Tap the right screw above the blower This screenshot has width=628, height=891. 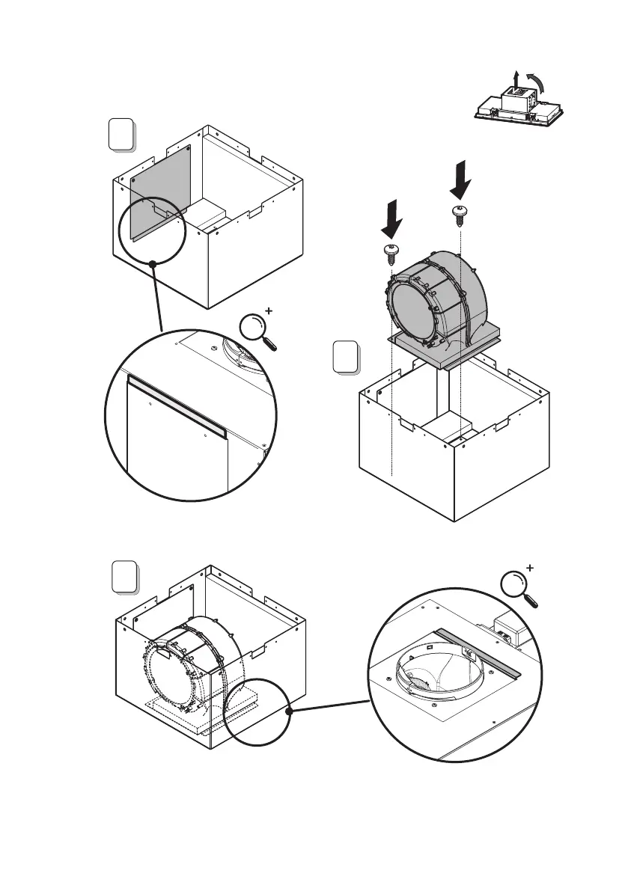(459, 212)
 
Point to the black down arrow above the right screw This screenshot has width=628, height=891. (461, 180)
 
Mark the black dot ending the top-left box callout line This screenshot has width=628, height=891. (153, 263)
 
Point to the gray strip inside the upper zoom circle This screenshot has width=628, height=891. (177, 405)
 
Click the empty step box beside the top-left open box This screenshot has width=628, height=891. (121, 136)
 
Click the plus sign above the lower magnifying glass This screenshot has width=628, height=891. (531, 569)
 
